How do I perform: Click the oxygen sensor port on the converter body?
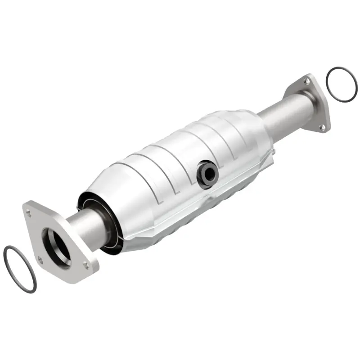207,174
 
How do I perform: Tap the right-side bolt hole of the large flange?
85,265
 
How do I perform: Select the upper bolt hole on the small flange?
306,82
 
